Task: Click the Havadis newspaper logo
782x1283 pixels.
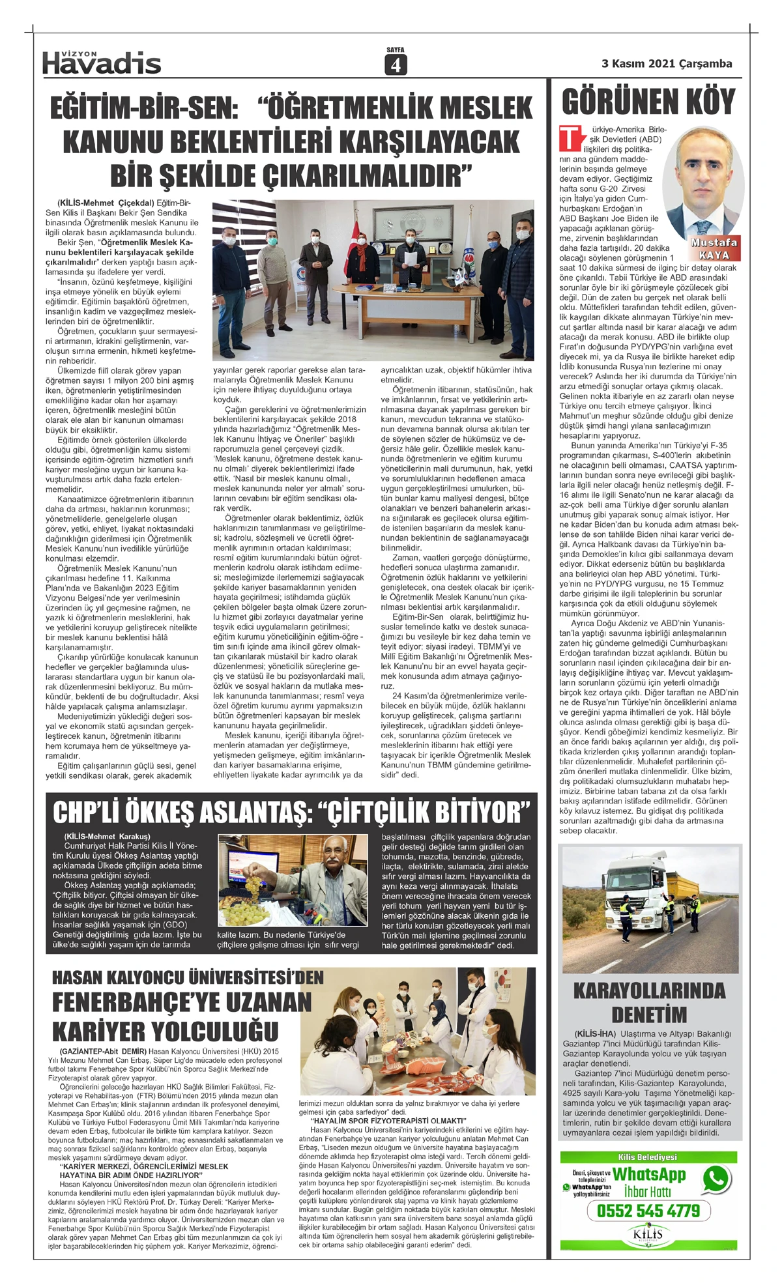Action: click(x=102, y=63)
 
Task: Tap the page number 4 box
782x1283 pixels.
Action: click(x=395, y=65)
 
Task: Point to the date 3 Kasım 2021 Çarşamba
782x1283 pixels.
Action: click(x=666, y=64)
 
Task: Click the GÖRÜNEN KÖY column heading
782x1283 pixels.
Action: click(x=648, y=102)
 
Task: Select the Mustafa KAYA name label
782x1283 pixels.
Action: click(x=714, y=248)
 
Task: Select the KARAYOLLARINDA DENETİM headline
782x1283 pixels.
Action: click(x=649, y=1002)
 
